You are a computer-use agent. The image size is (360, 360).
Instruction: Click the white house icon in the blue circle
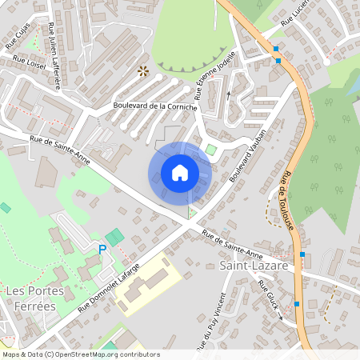pos(180,173)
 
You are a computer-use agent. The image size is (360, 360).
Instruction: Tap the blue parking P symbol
pos(102,250)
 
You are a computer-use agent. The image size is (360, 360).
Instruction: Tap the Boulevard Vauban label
pos(246,154)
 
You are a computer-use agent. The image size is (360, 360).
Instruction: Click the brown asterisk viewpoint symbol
pos(143,71)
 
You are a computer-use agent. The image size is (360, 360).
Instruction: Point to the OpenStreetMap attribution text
pos(80,354)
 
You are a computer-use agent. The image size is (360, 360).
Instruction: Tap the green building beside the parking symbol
pos(115,238)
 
